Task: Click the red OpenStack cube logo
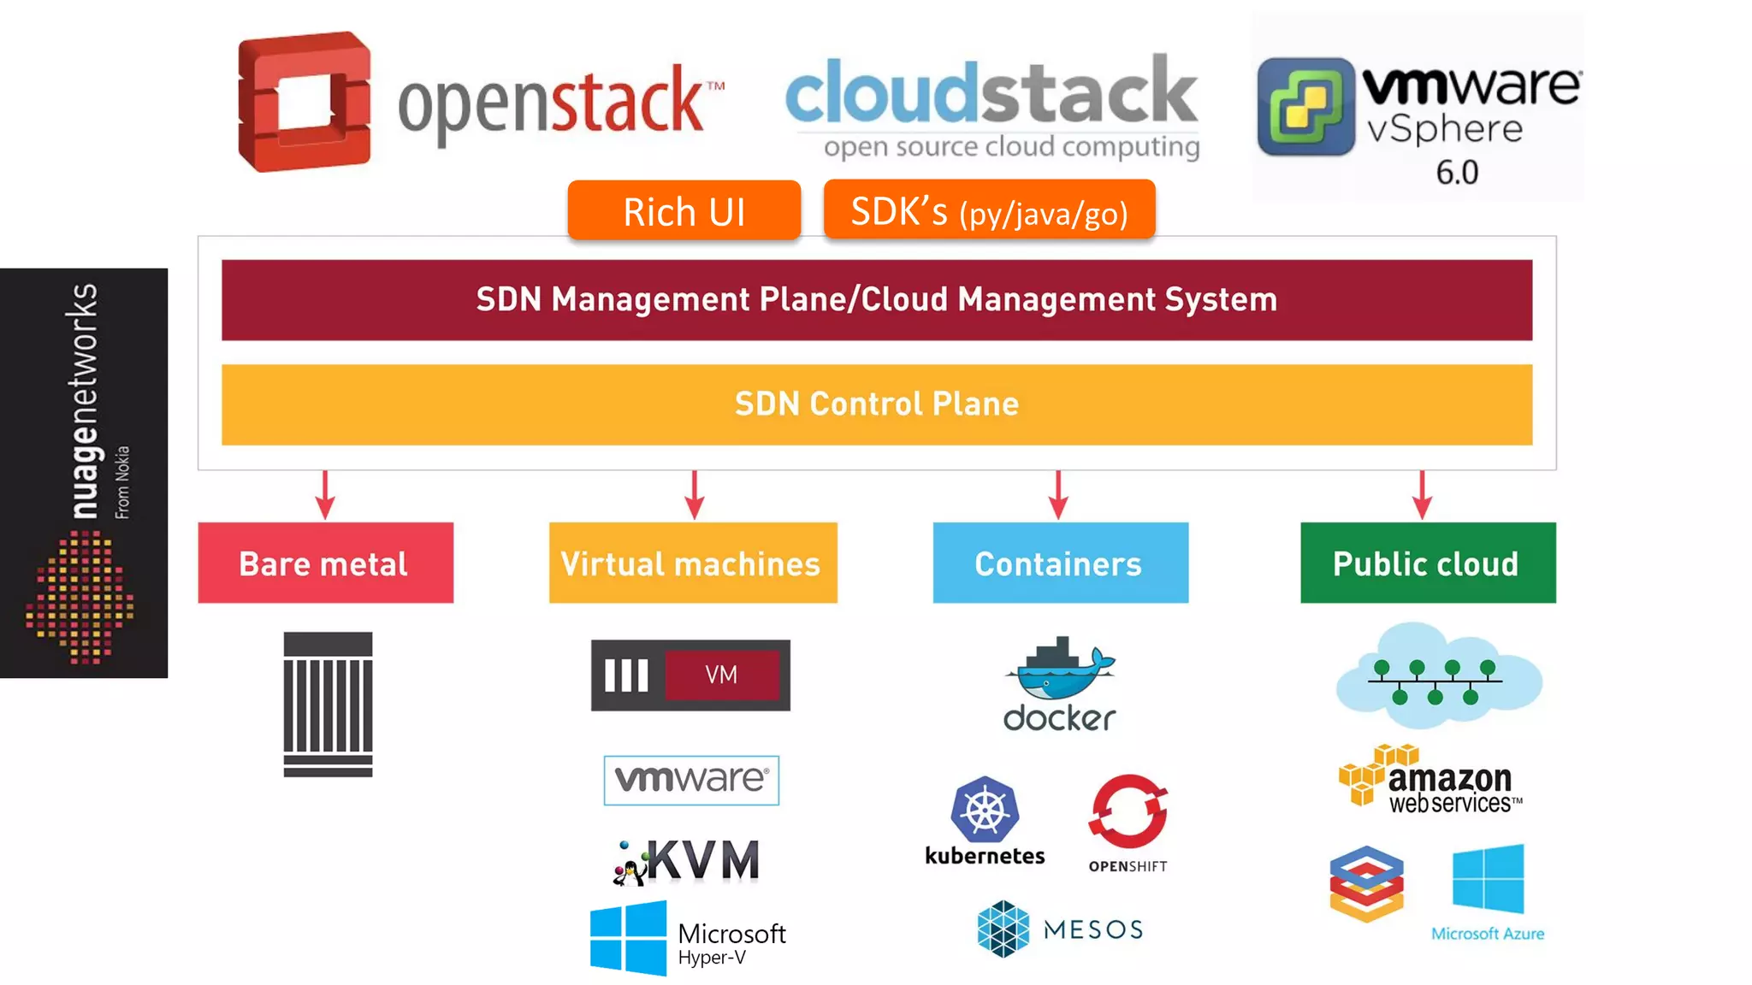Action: [x=304, y=102]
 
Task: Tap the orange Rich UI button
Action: [x=684, y=210]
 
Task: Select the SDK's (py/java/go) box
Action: [x=989, y=210]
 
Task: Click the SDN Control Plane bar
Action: [x=876, y=404]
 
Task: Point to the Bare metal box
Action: [x=325, y=563]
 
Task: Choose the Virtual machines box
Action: [x=692, y=563]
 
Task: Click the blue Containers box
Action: [x=1060, y=563]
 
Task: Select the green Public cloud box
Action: [x=1427, y=563]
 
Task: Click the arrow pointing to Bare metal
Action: [x=325, y=496]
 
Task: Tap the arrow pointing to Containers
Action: [x=1058, y=496]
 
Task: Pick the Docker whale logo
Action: [x=1060, y=671]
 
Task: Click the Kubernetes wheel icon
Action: [x=985, y=809]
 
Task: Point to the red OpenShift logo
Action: [x=1128, y=811]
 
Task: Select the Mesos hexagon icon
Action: [x=1003, y=929]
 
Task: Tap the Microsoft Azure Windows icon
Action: [x=1488, y=879]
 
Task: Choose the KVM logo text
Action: [x=701, y=860]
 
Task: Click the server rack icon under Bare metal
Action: [x=328, y=705]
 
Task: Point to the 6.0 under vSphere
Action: [x=1457, y=173]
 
